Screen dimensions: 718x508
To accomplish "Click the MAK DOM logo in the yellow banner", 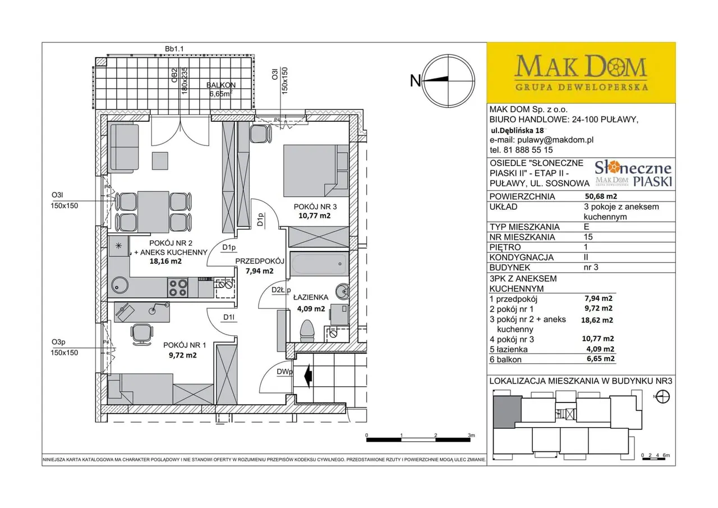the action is tap(581, 72).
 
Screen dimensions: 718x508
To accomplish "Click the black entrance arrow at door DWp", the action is tap(309, 376).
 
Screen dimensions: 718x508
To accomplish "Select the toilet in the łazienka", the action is tap(307, 331).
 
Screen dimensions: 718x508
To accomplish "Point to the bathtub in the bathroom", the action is tap(319, 264).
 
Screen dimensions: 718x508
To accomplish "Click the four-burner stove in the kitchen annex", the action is tap(178, 287).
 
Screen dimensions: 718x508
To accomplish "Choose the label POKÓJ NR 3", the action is tap(315, 207).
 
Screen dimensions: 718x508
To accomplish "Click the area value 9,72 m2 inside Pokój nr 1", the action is tap(183, 355).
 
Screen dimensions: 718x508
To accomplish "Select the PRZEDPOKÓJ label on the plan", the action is tap(260, 261).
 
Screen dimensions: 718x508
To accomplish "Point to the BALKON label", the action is tap(221, 85).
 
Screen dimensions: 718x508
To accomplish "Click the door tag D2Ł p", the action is tap(281, 290).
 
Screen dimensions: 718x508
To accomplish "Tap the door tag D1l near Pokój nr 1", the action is tap(229, 317).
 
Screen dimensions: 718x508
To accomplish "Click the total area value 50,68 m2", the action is tap(601, 196).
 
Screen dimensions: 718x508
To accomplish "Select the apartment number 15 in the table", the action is tap(588, 237).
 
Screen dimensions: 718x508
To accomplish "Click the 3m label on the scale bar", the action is tap(471, 435).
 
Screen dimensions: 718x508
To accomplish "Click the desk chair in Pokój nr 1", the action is tap(141, 334).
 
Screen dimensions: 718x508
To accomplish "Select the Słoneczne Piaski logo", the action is tap(633, 173).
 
